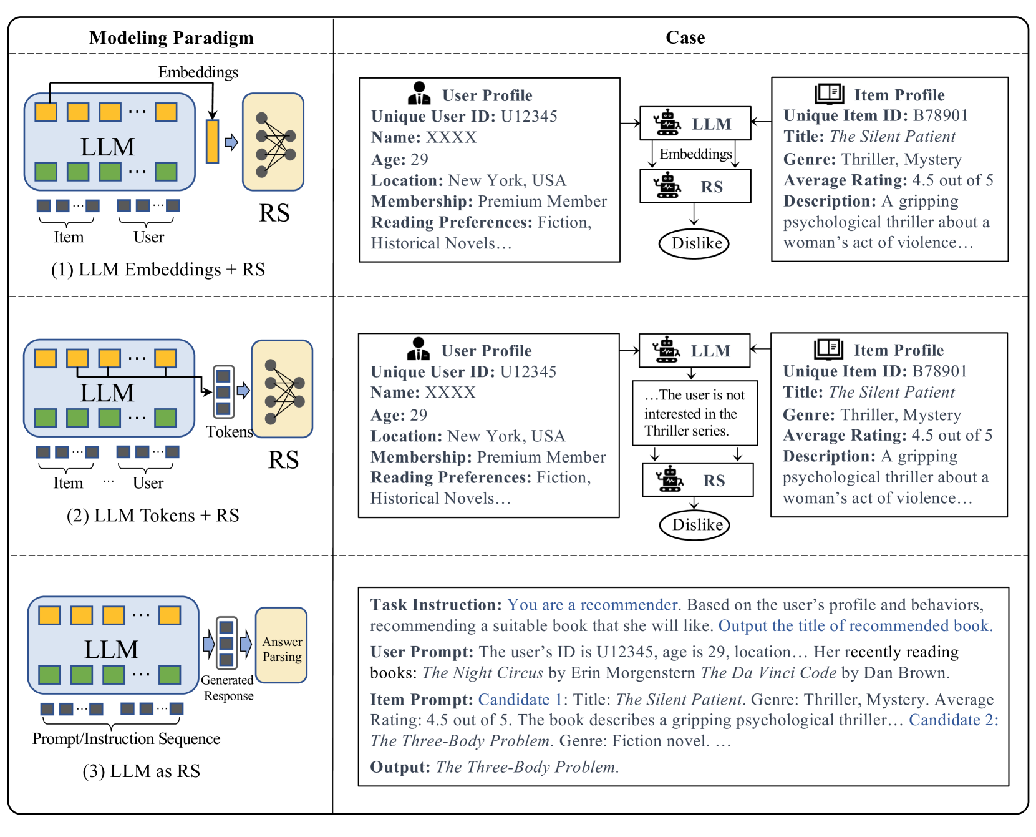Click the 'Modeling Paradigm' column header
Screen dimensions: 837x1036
tap(172, 38)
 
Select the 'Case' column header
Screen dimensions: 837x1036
tap(685, 38)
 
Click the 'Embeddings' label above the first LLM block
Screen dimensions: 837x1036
tap(198, 72)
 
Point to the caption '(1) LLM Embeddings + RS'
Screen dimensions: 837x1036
tap(158, 270)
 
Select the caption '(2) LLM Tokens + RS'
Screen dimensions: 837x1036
tap(153, 516)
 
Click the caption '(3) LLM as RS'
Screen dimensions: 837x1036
tap(142, 771)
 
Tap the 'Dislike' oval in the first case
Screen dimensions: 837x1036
tap(694, 243)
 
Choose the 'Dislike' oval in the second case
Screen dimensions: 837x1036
tap(695, 525)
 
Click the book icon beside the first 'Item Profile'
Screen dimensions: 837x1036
tap(830, 94)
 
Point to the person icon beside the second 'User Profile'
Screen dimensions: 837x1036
tap(418, 350)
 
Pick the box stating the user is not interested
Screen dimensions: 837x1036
tap(695, 413)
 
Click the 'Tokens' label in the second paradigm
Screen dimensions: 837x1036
tap(230, 432)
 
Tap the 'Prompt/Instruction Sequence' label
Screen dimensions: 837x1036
tap(126, 739)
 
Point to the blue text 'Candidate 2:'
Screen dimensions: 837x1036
tap(953, 720)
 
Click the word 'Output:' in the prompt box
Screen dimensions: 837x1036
tap(400, 767)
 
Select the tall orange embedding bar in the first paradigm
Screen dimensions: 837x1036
tap(213, 142)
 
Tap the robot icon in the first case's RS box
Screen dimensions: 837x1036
tap(667, 187)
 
